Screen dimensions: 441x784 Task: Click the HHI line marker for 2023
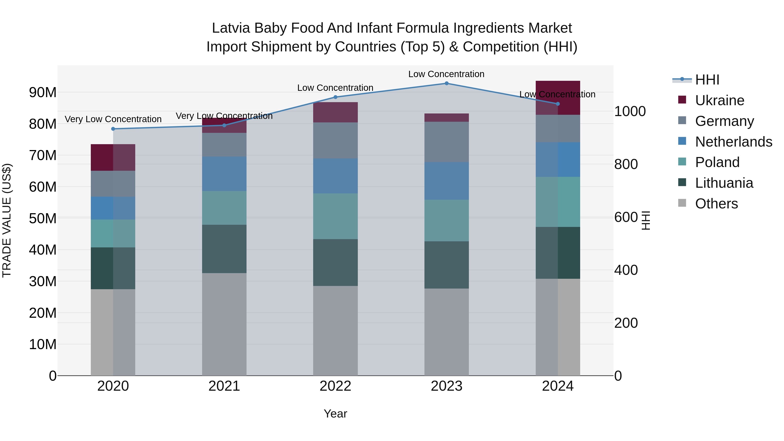tap(446, 83)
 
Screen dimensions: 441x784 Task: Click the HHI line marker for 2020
tap(113, 129)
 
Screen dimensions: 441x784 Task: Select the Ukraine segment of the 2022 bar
tap(335, 112)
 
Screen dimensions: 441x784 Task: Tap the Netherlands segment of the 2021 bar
tap(224, 174)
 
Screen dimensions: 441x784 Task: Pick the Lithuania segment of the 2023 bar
tap(446, 265)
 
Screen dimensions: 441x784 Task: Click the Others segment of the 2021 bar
tap(224, 324)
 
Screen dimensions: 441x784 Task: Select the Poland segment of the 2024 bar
tap(558, 202)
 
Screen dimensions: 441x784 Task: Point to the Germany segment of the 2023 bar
tap(446, 142)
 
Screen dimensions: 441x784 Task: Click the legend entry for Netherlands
tap(733, 142)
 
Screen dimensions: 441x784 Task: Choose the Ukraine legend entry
tap(720, 100)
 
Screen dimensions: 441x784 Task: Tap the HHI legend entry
tap(707, 80)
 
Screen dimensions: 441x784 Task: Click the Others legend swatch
tap(682, 203)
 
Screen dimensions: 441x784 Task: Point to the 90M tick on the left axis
tap(43, 92)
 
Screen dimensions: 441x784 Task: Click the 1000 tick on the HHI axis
tap(630, 111)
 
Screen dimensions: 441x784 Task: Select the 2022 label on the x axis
tap(335, 386)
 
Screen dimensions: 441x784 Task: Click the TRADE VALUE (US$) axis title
tap(7, 220)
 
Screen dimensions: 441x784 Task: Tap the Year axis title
tap(335, 414)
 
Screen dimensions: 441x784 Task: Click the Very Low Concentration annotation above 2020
tap(113, 119)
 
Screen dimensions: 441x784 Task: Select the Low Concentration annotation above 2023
tap(446, 74)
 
